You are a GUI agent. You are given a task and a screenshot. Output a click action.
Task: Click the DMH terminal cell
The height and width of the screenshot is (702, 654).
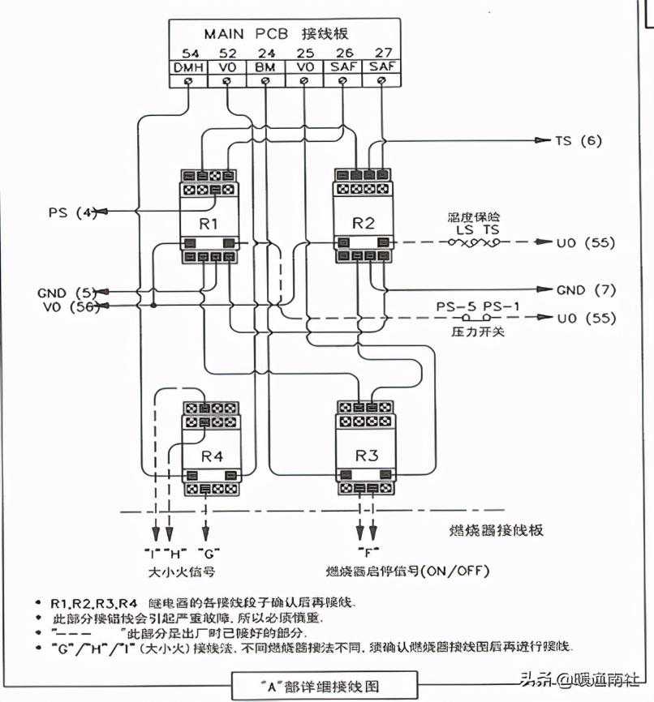[x=188, y=67]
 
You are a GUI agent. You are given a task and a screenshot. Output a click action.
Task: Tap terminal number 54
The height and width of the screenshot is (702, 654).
[x=188, y=53]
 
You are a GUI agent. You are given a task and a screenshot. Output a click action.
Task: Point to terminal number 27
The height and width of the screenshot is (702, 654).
[x=382, y=53]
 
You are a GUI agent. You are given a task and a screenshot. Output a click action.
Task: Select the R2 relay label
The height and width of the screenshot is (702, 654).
[x=364, y=223]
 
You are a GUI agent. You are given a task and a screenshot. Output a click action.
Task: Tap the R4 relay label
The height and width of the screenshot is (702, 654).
[x=212, y=456]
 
